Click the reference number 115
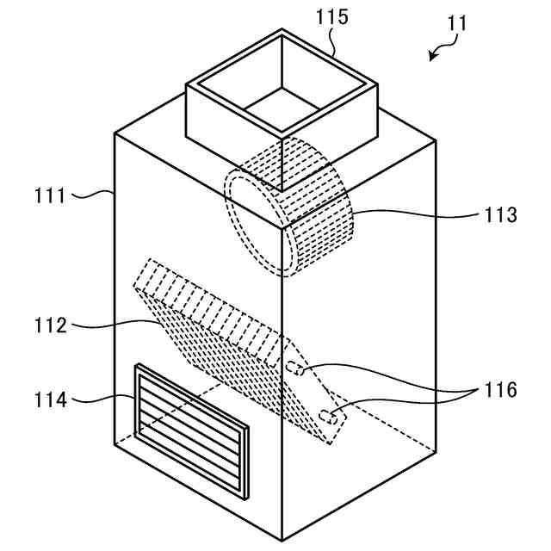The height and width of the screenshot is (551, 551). click(331, 18)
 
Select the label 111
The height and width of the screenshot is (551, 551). click(51, 195)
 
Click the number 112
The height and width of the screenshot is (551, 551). click(51, 326)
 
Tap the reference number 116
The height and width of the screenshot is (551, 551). click(499, 391)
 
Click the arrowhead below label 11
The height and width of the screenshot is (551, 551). click(433, 56)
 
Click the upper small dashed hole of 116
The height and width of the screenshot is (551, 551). click(294, 370)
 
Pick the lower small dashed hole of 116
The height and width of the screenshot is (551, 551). click(327, 417)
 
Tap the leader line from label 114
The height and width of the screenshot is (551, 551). click(103, 399)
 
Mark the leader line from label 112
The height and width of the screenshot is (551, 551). click(112, 325)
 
